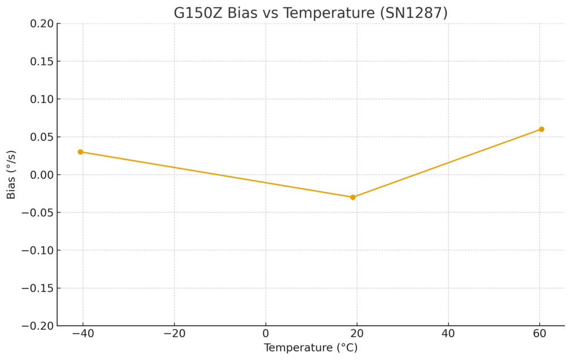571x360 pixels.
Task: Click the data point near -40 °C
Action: pos(80,152)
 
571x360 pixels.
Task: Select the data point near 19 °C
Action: pos(352,197)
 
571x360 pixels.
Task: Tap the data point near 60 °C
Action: pos(541,129)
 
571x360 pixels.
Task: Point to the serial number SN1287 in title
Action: pos(413,13)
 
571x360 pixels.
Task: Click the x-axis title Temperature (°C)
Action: pos(311,348)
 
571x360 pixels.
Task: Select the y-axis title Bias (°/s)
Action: pos(11,174)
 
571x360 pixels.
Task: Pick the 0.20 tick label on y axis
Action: pos(42,23)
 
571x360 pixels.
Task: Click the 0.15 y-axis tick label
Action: pos(42,61)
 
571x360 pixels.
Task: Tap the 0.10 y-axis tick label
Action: pos(42,99)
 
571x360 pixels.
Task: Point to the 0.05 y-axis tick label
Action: pos(42,137)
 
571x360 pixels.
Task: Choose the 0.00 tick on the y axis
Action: pos(42,175)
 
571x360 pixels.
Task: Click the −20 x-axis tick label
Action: pos(174,334)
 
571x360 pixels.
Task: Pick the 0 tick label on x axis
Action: pos(265,334)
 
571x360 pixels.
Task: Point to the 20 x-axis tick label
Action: pos(357,334)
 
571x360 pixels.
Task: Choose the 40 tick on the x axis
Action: pos(448,334)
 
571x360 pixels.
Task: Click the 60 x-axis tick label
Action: pos(540,334)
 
